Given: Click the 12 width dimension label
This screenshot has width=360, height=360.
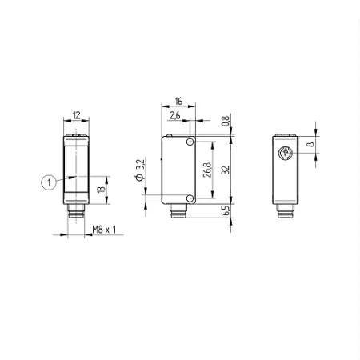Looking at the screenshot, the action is (76, 115).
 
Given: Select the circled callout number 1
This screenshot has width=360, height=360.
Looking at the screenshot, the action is (49, 182).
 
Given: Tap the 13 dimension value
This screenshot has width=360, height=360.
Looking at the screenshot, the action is (101, 190).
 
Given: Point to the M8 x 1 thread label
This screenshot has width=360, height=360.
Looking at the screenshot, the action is (104, 230).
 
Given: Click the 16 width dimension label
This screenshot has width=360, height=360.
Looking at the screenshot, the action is (178, 102).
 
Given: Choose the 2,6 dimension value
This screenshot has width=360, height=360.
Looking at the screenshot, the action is (175, 115).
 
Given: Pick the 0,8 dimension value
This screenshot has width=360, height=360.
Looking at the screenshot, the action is (226, 121).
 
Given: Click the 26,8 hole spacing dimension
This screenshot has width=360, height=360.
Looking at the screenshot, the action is (207, 170).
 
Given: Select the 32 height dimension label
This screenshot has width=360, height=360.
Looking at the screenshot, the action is (226, 170).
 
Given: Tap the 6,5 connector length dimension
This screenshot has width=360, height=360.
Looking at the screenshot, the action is (226, 210).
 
